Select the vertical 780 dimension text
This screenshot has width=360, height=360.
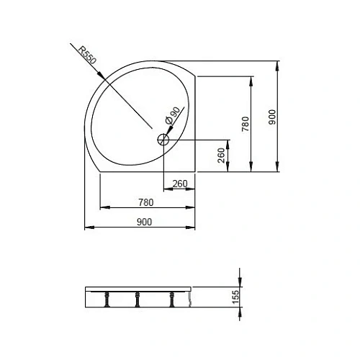(x=244, y=125)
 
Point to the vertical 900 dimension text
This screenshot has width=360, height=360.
(x=271, y=117)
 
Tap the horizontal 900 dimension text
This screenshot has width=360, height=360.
(x=144, y=222)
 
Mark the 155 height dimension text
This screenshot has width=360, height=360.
(x=233, y=297)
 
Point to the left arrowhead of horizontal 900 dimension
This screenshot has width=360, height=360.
(x=87, y=228)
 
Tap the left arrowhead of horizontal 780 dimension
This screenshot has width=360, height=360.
(x=101, y=207)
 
